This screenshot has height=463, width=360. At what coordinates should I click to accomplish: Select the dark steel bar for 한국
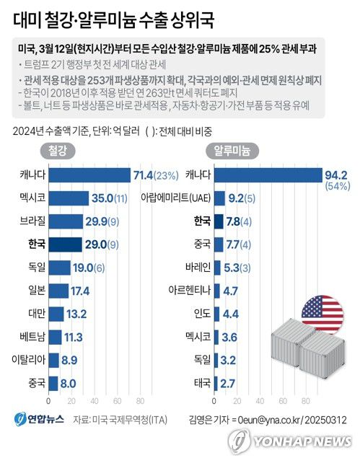tap(65, 244)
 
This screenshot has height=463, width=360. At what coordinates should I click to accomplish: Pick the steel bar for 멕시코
tap(69, 198)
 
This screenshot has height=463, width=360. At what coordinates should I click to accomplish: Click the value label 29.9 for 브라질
tap(100, 221)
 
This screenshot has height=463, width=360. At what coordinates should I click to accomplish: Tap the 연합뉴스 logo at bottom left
tap(38, 418)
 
